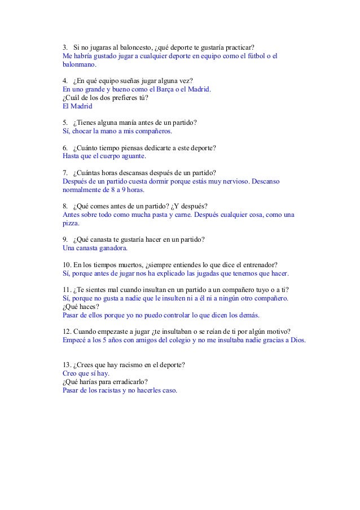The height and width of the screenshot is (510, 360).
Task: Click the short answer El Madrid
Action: pos(77,105)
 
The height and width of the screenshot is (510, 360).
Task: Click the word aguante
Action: pos(130,156)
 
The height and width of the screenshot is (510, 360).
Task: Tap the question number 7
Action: pos(65,172)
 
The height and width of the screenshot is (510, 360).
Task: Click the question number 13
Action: pos(67,365)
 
